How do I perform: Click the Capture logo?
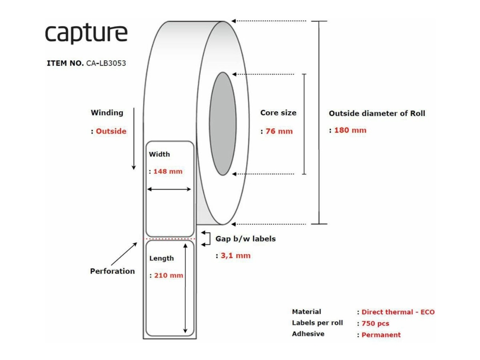[86, 33]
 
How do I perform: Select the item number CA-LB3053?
[106, 63]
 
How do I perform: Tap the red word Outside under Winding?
[111, 131]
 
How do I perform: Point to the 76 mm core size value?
[279, 131]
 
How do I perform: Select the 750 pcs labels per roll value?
[375, 324]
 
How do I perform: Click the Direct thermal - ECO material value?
[398, 312]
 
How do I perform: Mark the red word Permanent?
[381, 335]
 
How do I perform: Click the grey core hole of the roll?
[222, 124]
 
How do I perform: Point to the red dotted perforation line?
[170, 238]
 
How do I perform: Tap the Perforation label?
[112, 271]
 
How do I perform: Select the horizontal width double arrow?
[169, 190]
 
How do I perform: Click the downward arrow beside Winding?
[133, 139]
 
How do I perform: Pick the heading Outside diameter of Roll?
[377, 114]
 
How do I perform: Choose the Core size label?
[278, 113]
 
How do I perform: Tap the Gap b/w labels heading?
[245, 239]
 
